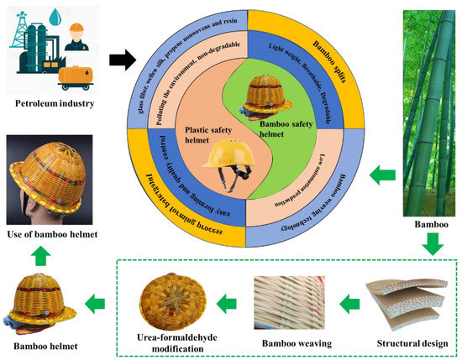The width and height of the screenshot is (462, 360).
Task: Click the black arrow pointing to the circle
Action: (x=121, y=60)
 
